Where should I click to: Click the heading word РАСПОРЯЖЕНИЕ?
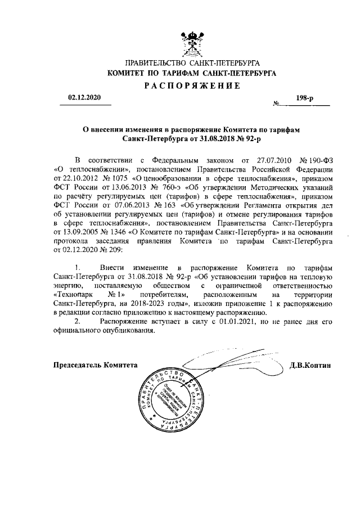click(192, 85)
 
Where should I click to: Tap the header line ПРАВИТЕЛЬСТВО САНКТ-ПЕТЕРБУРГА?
click(192, 64)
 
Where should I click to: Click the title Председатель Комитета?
click(95, 364)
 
